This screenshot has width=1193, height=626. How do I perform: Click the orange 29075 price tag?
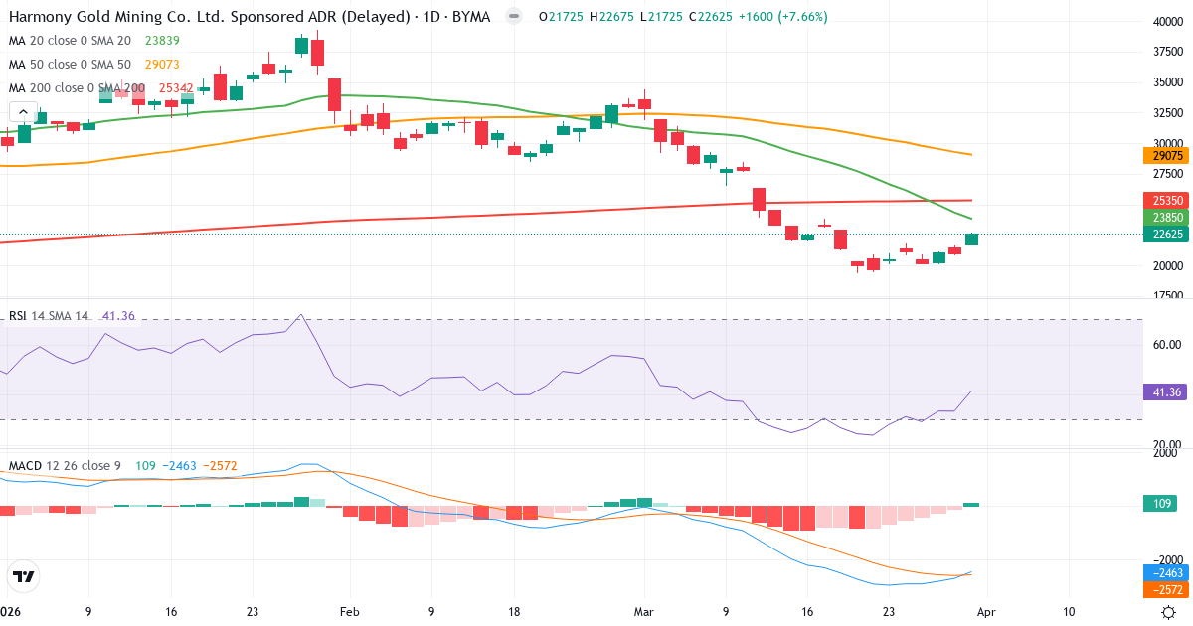pos(1161,156)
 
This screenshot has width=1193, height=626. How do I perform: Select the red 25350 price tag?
pos(1161,200)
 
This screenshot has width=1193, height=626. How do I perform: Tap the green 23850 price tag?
pos(1161,218)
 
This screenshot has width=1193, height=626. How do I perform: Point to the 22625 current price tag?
pos(1161,235)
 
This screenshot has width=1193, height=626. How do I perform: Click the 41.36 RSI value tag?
pos(1161,392)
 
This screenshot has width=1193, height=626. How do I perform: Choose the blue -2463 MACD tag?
pos(1161,573)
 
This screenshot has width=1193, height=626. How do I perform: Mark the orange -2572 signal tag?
pos(1161,589)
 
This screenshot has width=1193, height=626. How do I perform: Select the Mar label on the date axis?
pos(644,612)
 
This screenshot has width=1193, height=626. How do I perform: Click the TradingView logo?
pos(24,576)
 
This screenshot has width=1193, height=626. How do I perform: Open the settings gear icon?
pos(1169,612)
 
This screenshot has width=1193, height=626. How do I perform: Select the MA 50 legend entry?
pos(70,65)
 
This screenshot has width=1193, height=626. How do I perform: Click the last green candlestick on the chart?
pos(971,239)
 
